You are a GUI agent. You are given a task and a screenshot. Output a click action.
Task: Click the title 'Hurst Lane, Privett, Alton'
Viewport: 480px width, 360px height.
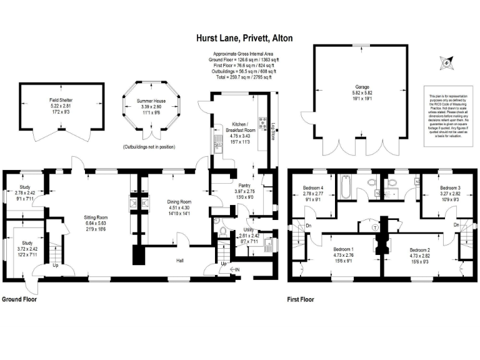pyautogui.click(x=239, y=38)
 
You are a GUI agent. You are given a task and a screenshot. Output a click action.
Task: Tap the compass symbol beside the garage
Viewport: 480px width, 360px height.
pyautogui.click(x=446, y=62)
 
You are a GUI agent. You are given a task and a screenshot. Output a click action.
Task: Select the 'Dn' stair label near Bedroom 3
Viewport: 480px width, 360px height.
pyautogui.click(x=457, y=224)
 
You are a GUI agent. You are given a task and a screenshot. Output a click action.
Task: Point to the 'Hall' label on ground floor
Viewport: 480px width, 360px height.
pyautogui.click(x=180, y=260)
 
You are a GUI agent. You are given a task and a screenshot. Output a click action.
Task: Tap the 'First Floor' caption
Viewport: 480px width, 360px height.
pyautogui.click(x=300, y=299)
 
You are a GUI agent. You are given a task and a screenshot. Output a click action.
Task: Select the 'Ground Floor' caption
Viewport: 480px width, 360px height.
pyautogui.click(x=19, y=299)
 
